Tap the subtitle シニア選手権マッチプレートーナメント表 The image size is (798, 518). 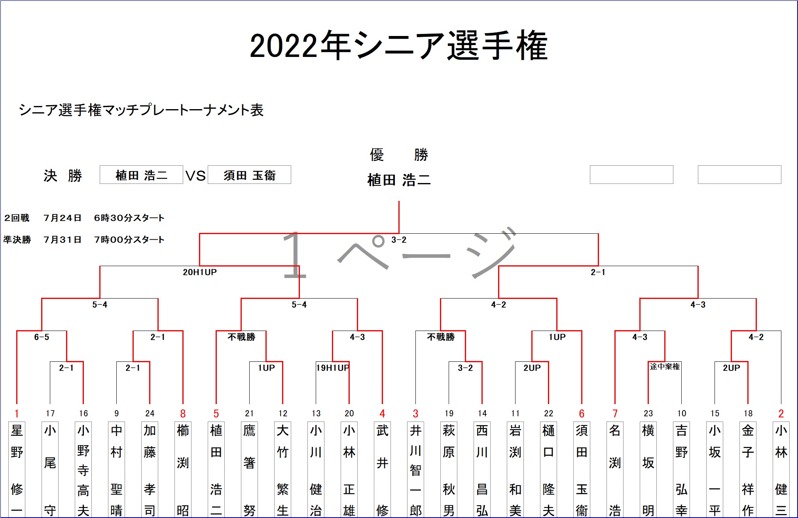point(141,110)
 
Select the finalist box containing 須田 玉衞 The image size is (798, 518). point(249,175)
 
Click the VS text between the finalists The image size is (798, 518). point(195,176)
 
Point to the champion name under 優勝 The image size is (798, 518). point(399,180)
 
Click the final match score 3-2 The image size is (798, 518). point(399,240)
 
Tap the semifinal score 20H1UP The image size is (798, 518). point(200,272)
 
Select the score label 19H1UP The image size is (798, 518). point(333,368)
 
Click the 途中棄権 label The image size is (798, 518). point(665,367)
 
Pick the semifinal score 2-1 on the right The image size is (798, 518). point(598,272)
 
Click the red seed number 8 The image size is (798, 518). point(183,414)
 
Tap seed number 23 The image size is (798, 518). point(648,414)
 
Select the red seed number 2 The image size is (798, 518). point(781,414)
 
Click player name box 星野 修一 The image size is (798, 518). point(17,469)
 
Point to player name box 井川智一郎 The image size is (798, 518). point(415,469)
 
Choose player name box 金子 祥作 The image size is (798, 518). point(748,469)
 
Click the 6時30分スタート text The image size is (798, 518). point(129,218)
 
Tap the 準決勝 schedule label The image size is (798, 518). point(17,240)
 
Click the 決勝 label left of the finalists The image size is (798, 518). point(63,176)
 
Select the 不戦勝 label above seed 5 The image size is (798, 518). point(241,337)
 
